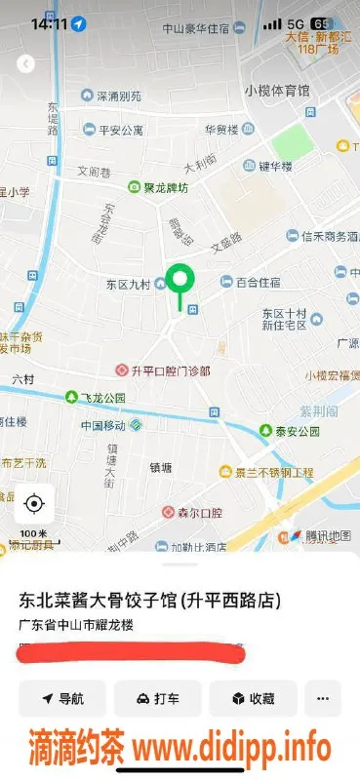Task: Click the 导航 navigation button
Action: pyautogui.click(x=62, y=698)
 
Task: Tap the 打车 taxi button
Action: pyautogui.click(x=157, y=698)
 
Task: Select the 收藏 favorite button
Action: pyautogui.click(x=253, y=698)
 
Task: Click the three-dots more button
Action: pyautogui.click(x=323, y=698)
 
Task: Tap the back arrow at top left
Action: pyautogui.click(x=26, y=63)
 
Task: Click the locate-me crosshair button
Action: pyautogui.click(x=34, y=503)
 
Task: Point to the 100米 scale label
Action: pyautogui.click(x=33, y=533)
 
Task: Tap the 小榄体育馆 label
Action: pyautogui.click(x=277, y=91)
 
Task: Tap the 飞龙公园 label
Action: pyautogui.click(x=101, y=398)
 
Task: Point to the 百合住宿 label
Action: pyautogui.click(x=258, y=282)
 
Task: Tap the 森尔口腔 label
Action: pyautogui.click(x=198, y=512)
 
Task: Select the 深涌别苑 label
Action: pyautogui.click(x=117, y=97)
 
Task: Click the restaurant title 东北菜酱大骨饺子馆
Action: pyautogui.click(x=99, y=599)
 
